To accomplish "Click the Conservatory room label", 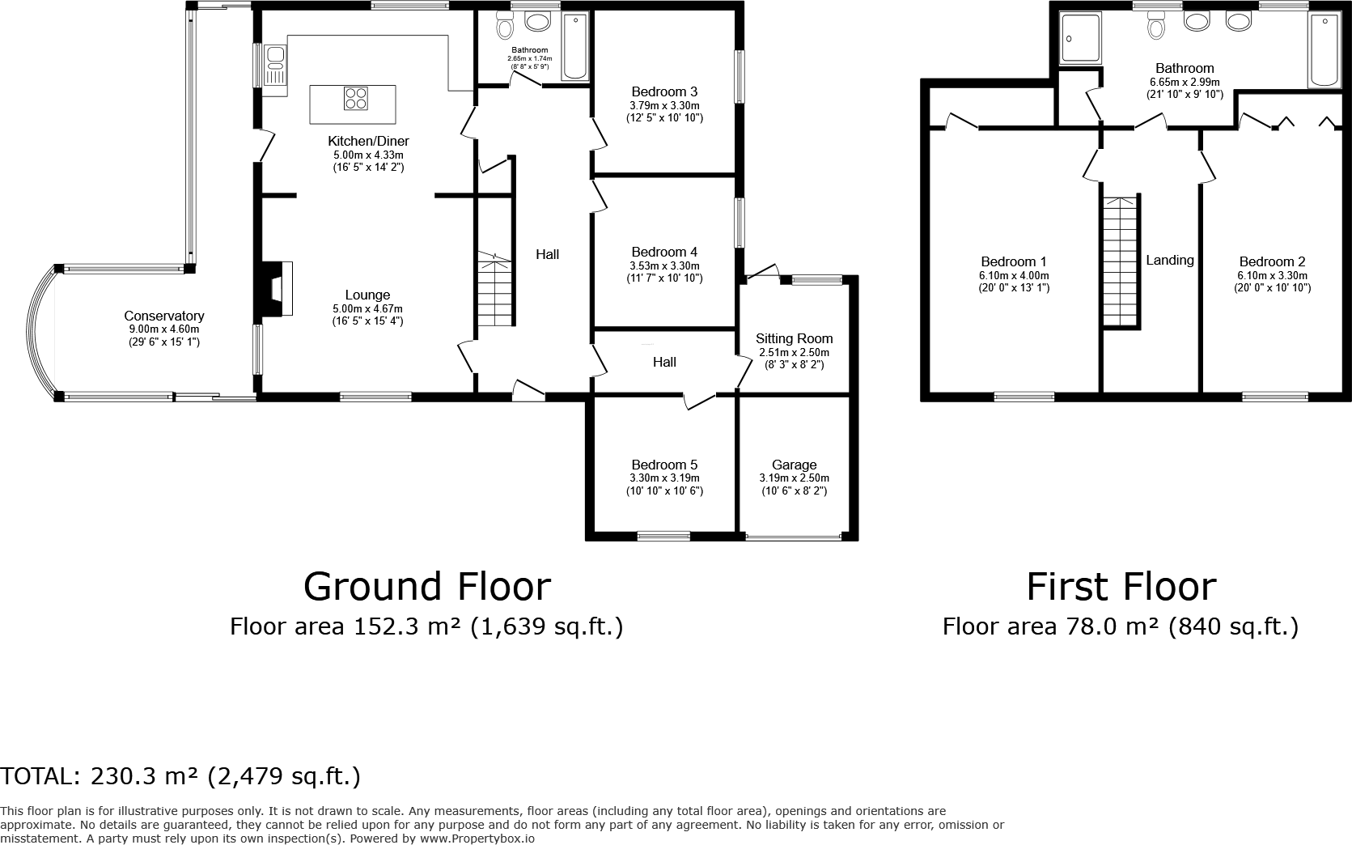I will pos(163,316).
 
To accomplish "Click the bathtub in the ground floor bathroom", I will pos(575,45).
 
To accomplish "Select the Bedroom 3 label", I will pos(664,92).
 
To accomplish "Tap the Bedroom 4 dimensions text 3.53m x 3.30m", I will pos(664,265).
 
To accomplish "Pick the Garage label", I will pos(794,465).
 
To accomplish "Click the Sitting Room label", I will pos(794,338).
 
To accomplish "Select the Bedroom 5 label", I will pos(664,465).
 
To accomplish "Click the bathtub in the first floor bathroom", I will pos(1324,50).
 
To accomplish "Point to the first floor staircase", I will pos(1121,261).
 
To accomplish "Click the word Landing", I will pos(1170,260).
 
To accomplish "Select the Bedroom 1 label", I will pos(1014,261).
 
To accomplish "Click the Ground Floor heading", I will pos(426,587).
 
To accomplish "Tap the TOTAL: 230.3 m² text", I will pos(180,776).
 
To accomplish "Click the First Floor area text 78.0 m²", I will pos(1120,626).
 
